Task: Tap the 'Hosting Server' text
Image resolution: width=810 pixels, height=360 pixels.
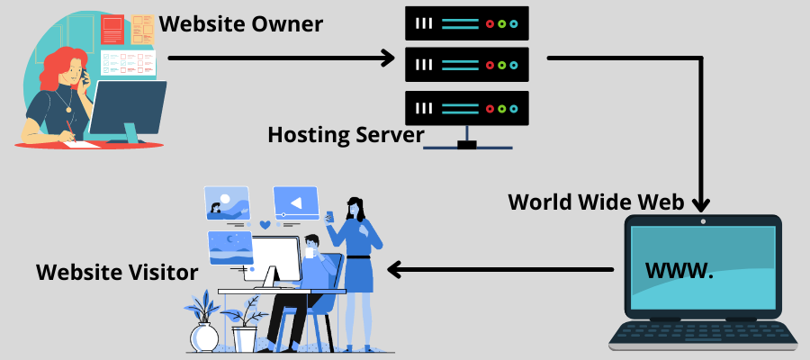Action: point(346,135)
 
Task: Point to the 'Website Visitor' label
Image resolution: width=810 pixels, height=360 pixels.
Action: point(117,271)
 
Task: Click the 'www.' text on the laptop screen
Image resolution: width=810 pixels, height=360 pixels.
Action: point(679,269)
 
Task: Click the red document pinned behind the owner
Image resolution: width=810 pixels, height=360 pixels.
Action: point(112,30)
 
